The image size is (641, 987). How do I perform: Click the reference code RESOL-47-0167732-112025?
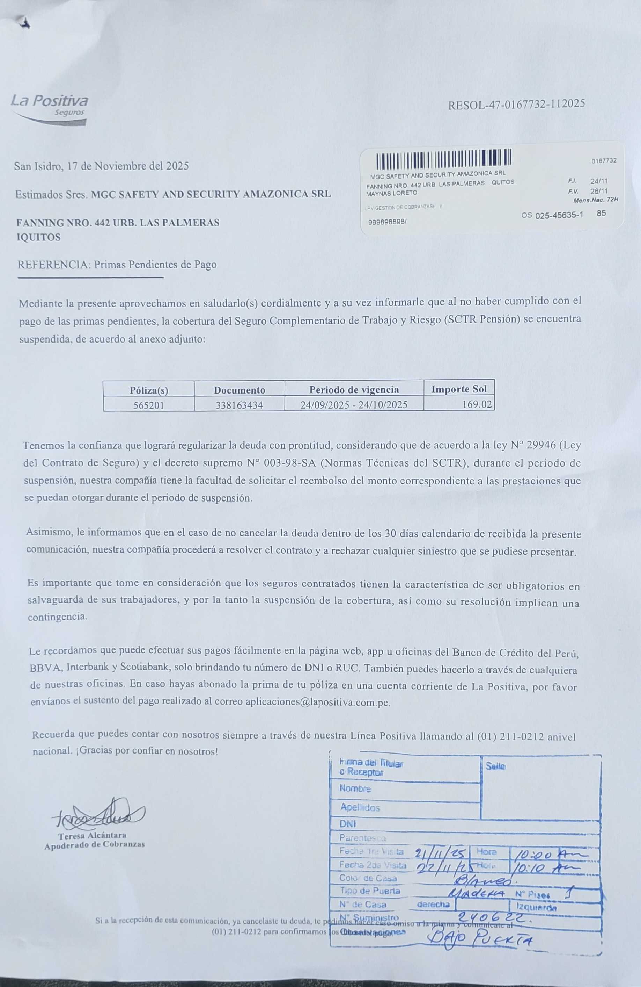pyautogui.click(x=516, y=104)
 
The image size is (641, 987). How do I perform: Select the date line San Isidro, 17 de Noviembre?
pyautogui.click(x=102, y=166)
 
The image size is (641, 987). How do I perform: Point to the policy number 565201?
pyautogui.click(x=148, y=405)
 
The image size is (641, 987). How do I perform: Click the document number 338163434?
pyautogui.click(x=239, y=405)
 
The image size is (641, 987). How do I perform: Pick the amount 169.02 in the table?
pyautogui.click(x=477, y=404)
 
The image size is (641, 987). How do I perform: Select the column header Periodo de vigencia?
pyautogui.click(x=354, y=389)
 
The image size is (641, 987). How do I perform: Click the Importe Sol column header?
pyautogui.click(x=459, y=389)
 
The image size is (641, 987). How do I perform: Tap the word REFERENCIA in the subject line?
pyautogui.click(x=53, y=265)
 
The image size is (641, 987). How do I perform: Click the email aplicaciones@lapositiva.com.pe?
pyautogui.click(x=317, y=702)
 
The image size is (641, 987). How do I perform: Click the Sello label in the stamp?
pyautogui.click(x=495, y=767)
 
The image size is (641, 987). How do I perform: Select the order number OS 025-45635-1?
pyautogui.click(x=552, y=215)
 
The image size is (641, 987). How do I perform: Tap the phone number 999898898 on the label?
pyautogui.click(x=387, y=222)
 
